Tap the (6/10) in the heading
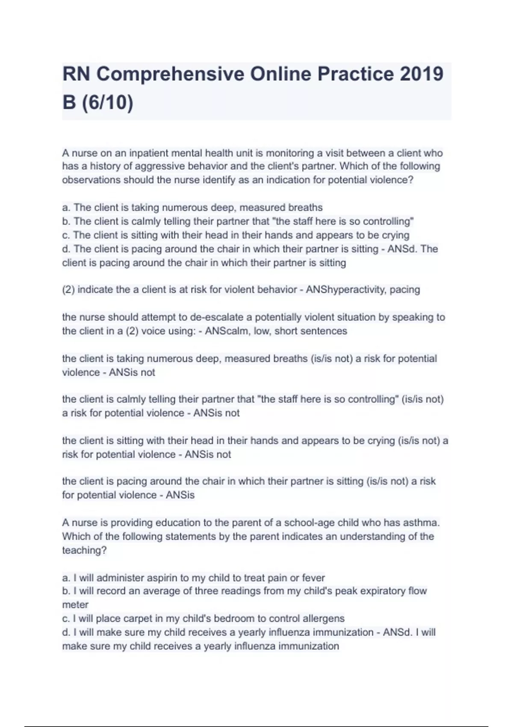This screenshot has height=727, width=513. click(x=107, y=103)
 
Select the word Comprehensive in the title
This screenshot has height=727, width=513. click(x=170, y=74)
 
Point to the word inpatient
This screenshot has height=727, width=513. click(x=150, y=153)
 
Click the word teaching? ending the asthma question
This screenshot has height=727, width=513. click(x=84, y=550)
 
